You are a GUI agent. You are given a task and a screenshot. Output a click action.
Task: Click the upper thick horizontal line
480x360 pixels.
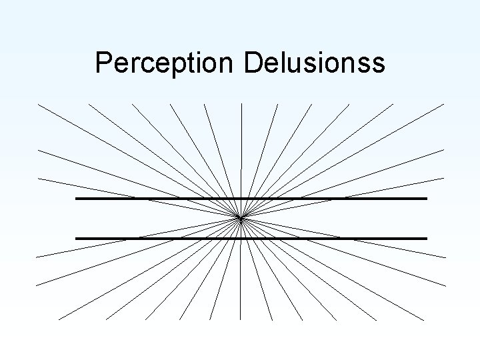[167, 199]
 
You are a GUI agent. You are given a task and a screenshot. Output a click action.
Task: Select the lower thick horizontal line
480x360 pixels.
[167, 238]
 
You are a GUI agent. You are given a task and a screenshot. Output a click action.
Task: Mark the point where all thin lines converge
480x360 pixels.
[241, 217]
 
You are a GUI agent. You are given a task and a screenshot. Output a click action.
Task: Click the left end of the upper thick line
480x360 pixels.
[77, 199]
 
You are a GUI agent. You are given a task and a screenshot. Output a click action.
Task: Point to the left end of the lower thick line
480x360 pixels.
[77, 238]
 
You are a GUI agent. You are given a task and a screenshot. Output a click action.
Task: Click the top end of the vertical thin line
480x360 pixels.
[241, 105]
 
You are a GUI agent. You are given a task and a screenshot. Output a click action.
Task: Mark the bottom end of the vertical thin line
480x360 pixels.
[241, 319]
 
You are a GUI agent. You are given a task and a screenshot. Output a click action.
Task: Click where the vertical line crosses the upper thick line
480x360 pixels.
[241, 199]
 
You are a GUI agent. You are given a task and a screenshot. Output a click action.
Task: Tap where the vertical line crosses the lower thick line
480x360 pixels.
[241, 238]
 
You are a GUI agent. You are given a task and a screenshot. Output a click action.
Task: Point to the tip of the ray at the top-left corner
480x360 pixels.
[39, 105]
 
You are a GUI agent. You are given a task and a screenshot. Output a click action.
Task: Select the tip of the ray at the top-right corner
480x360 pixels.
[443, 104]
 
